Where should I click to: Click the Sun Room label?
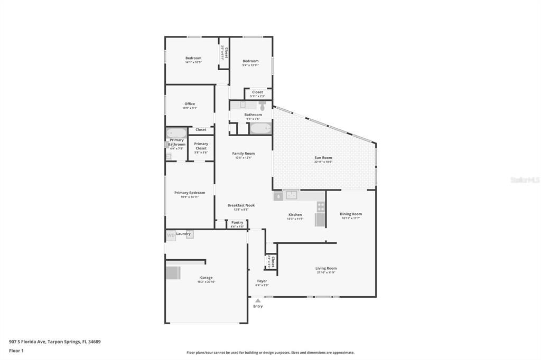click(x=323, y=157)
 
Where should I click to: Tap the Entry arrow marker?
click(x=258, y=301)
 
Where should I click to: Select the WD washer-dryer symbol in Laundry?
click(x=171, y=235)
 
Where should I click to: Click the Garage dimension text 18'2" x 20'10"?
click(x=206, y=282)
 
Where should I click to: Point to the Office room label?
click(x=190, y=104)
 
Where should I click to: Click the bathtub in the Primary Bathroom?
click(x=176, y=133)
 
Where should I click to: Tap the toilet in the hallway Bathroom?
click(x=262, y=105)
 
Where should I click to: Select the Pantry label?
click(x=237, y=222)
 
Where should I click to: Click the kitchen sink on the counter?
click(x=291, y=195)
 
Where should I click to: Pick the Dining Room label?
click(x=351, y=214)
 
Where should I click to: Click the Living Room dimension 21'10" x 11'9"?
click(x=326, y=272)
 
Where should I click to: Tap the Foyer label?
click(x=262, y=281)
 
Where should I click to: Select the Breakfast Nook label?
click(x=241, y=205)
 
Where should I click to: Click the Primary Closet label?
click(x=201, y=146)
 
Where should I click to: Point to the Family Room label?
click(x=243, y=154)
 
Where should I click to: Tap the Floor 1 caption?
click(x=16, y=350)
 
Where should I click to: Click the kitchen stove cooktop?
click(x=321, y=206)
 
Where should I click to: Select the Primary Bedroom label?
click(x=190, y=193)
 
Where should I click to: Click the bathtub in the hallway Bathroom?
click(x=260, y=128)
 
